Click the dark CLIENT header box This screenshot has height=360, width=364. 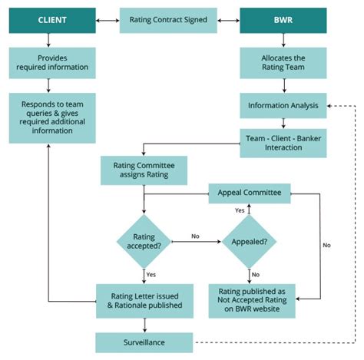(52, 20)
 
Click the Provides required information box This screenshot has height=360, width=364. (52, 63)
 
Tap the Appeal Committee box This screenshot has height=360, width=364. (250, 193)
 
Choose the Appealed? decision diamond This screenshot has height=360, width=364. (250, 241)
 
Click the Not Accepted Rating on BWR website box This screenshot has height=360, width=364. (250, 299)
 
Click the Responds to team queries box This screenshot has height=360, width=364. (52, 118)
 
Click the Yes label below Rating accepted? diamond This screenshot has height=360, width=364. (152, 274)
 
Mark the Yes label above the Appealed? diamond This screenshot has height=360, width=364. (240, 210)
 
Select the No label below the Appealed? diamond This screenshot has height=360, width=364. (256, 274)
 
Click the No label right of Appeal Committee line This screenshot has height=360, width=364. (326, 245)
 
